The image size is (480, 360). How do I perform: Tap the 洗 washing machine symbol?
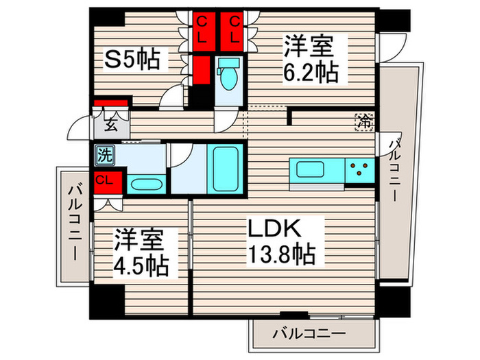click(104, 154)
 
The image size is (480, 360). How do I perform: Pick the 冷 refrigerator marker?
click(363, 122)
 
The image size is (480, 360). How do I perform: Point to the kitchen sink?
click(306, 168)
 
